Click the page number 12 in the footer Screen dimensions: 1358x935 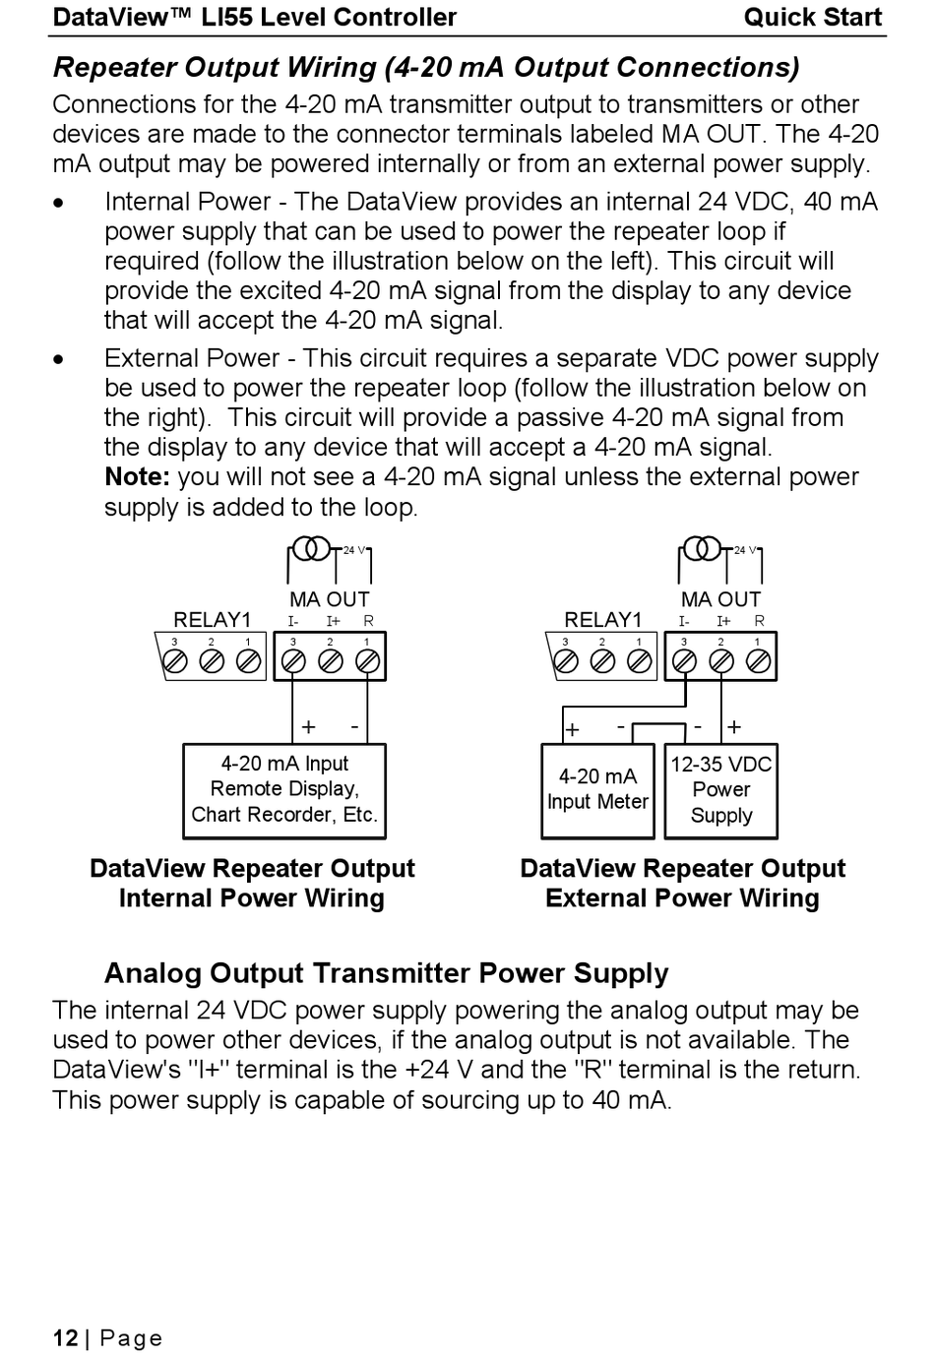tap(65, 1338)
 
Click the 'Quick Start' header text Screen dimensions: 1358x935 tap(812, 18)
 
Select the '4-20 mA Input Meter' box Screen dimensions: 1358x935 tap(597, 790)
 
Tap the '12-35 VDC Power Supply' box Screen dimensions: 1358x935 tap(721, 790)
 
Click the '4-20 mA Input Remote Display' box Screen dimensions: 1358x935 tap(284, 790)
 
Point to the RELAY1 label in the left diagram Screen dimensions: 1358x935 tap(212, 620)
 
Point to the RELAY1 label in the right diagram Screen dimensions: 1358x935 tap(602, 620)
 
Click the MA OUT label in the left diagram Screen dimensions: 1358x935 tap(329, 599)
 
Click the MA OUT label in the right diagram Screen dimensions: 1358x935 tap(720, 599)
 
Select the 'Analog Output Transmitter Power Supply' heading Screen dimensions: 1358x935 tap(386, 973)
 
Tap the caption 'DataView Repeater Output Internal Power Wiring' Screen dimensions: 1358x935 tap(252, 884)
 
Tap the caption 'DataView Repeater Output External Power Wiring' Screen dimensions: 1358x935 tap(682, 884)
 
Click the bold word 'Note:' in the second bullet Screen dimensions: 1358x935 tap(138, 477)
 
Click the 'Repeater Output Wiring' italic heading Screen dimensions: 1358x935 tap(425, 68)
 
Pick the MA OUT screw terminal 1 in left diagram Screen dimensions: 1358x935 tap(367, 661)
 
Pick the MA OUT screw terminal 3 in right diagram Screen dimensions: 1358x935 tap(684, 661)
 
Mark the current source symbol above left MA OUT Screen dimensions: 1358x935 tap(311, 548)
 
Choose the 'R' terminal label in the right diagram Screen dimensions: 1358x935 tap(760, 621)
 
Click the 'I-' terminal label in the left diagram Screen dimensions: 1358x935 tap(293, 621)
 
